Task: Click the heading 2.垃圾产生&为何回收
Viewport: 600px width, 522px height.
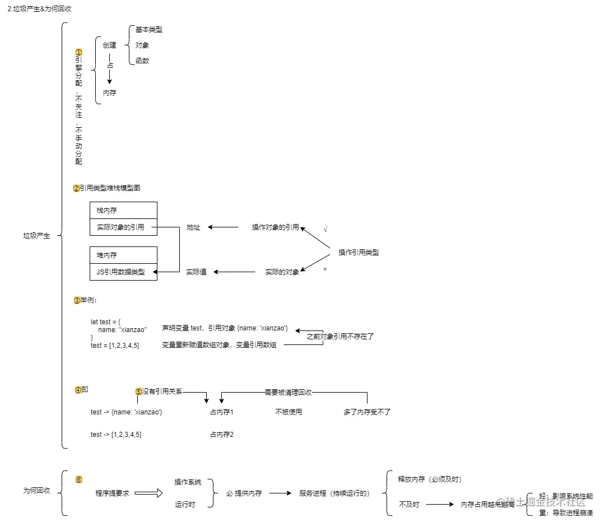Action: [x=39, y=9]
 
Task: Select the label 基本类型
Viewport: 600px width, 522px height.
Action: [x=148, y=30]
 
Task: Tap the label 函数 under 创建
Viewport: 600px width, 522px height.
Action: [x=142, y=60]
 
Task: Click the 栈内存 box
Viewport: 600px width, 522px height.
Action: [x=123, y=210]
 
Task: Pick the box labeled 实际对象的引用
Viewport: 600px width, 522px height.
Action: [x=123, y=227]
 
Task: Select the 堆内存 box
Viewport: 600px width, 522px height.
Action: [x=123, y=255]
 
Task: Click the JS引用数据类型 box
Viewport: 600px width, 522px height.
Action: [x=123, y=272]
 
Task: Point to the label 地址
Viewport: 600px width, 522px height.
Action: [x=193, y=227]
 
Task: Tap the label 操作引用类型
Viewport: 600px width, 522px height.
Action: [x=359, y=253]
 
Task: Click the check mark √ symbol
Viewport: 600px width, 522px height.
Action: [x=325, y=230]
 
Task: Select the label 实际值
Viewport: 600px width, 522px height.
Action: [x=196, y=272]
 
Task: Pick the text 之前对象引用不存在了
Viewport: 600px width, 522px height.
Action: [x=340, y=337]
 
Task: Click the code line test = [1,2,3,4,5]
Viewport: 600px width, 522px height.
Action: [x=115, y=346]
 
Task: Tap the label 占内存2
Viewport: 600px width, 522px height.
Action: [x=221, y=434]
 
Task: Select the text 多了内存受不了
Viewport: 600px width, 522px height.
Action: [x=367, y=412]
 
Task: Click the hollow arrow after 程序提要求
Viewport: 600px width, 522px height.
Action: [x=148, y=493]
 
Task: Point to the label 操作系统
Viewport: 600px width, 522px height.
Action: [x=188, y=482]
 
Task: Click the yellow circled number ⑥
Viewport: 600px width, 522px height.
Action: [x=78, y=480]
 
